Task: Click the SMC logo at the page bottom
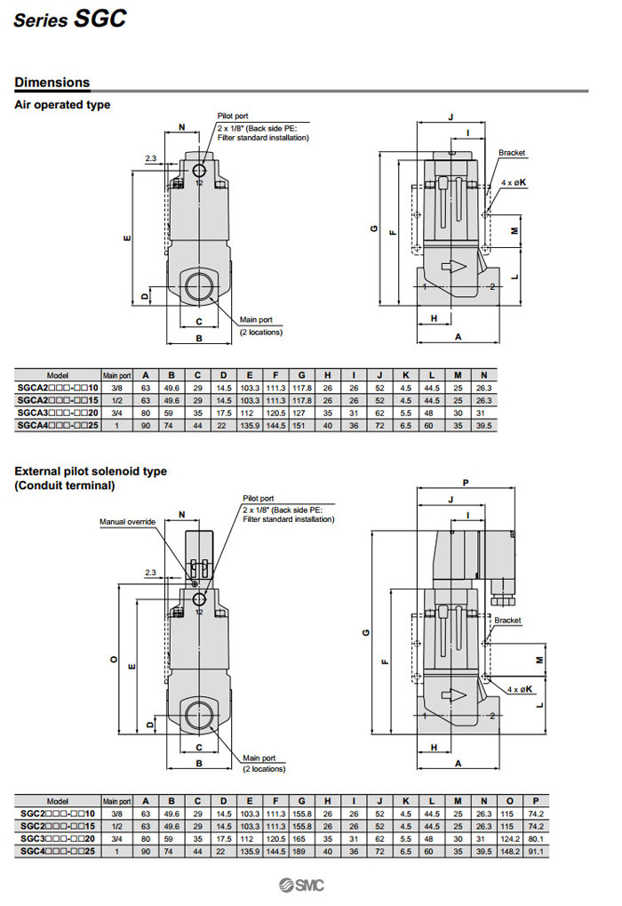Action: [300, 884]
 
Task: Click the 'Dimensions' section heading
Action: [52, 83]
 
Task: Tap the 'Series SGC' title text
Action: [69, 19]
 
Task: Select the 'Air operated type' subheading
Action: [62, 105]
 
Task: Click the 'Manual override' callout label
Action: [127, 522]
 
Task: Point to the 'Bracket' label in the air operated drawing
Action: [512, 153]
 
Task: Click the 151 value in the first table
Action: [302, 426]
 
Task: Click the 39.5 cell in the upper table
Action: [483, 426]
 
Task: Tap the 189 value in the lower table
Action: [302, 851]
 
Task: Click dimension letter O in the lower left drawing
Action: [113, 659]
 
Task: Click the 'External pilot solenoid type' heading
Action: [91, 471]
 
